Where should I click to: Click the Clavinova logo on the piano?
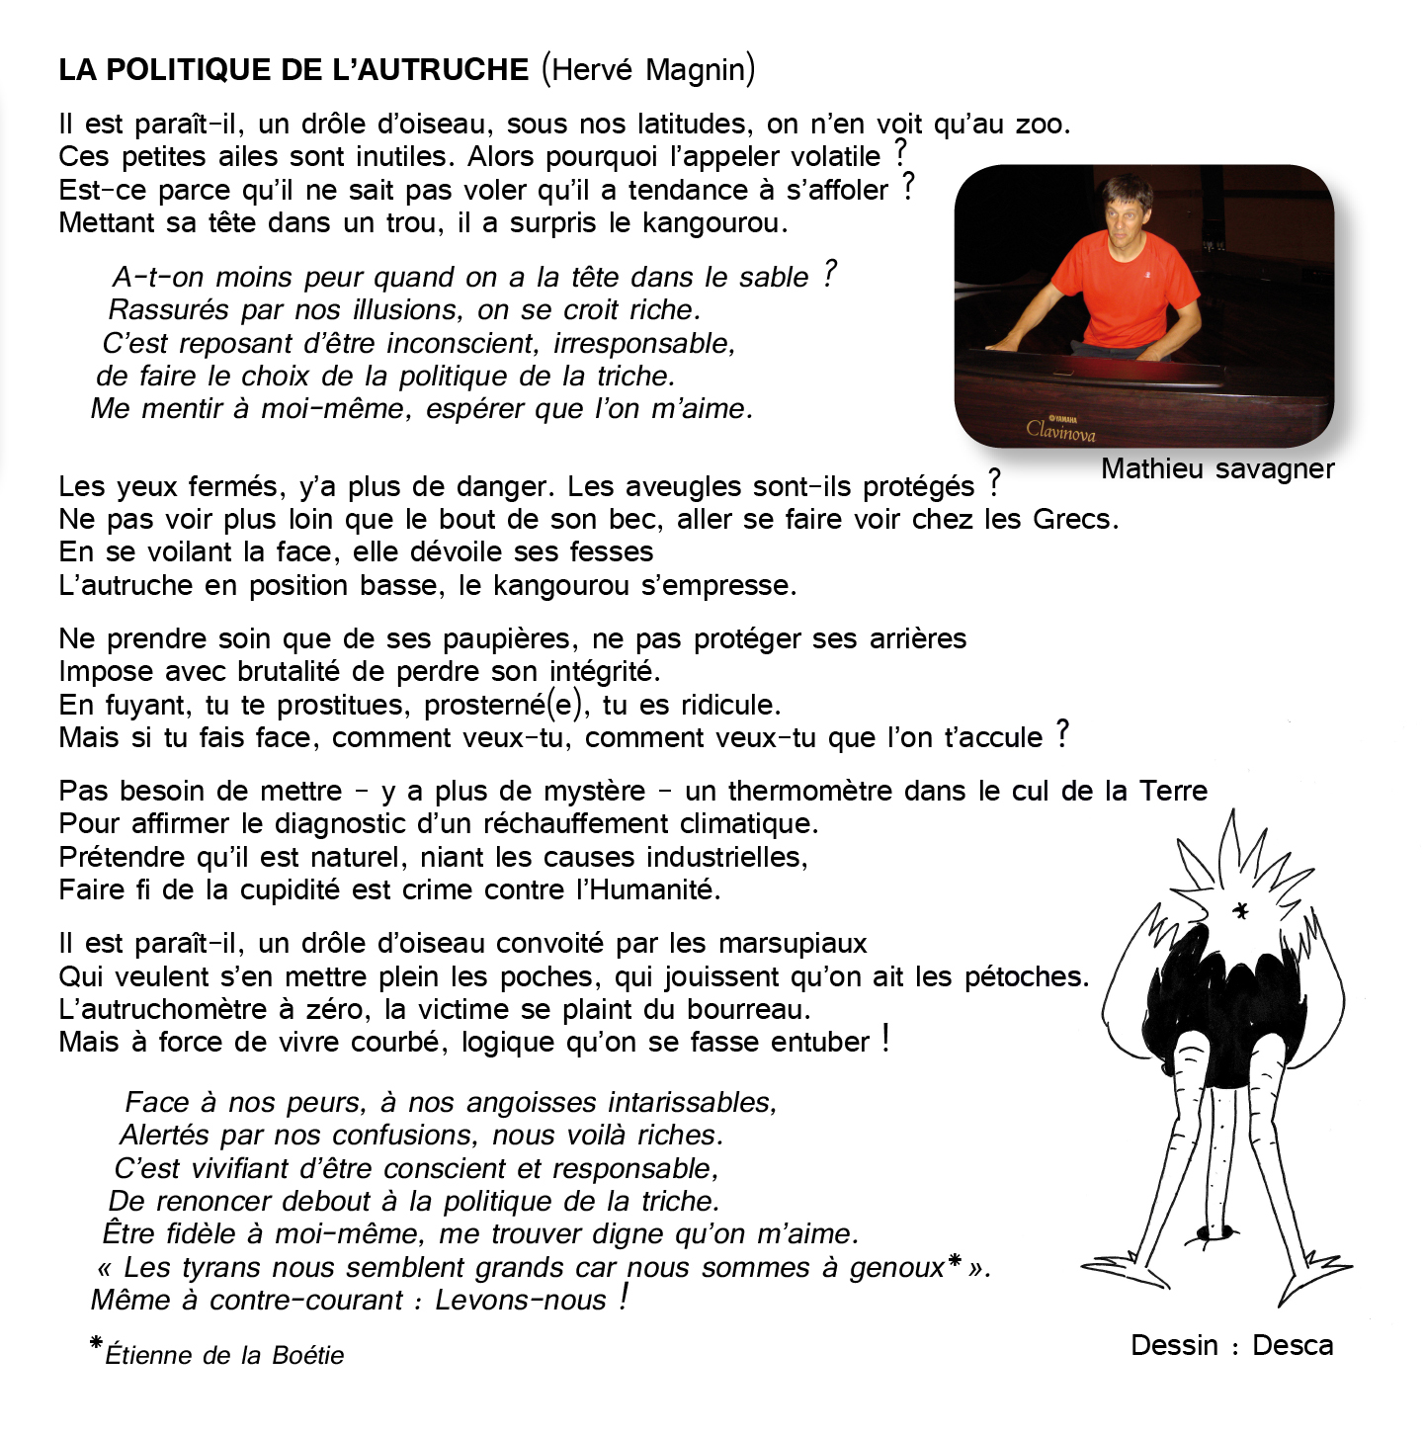pyautogui.click(x=1060, y=429)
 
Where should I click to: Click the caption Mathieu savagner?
pyautogui.click(x=1217, y=469)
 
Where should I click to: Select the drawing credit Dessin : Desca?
pyautogui.click(x=1231, y=1346)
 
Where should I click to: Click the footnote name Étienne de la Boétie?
pyautogui.click(x=224, y=1355)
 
